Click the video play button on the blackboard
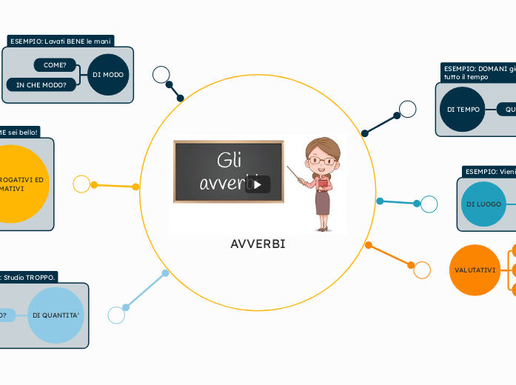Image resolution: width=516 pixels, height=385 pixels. point(258,184)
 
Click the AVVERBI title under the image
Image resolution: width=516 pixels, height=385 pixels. point(258,244)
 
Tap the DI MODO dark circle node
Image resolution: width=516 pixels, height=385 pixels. point(108,75)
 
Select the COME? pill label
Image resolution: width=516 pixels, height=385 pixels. point(55,65)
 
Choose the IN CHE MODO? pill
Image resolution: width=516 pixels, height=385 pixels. point(41,84)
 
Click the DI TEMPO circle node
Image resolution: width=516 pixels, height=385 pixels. point(463,110)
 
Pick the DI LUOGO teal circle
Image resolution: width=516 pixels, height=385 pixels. point(483,204)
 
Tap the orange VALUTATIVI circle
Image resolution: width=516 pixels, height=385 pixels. point(475,270)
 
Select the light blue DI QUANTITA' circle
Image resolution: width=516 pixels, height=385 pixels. point(56,315)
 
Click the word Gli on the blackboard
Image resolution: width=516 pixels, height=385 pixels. point(230,160)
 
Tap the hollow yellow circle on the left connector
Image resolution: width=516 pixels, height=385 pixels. point(81,184)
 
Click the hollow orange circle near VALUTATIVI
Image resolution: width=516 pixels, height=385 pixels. point(422,270)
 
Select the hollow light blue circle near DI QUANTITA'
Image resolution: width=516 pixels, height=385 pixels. point(116,315)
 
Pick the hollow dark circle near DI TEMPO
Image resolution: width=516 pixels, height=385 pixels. point(408,110)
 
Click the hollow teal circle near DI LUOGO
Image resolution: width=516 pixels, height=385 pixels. point(429,204)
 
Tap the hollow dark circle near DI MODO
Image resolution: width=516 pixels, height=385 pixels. point(161,74)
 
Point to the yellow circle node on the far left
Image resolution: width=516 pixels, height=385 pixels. point(15,184)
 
